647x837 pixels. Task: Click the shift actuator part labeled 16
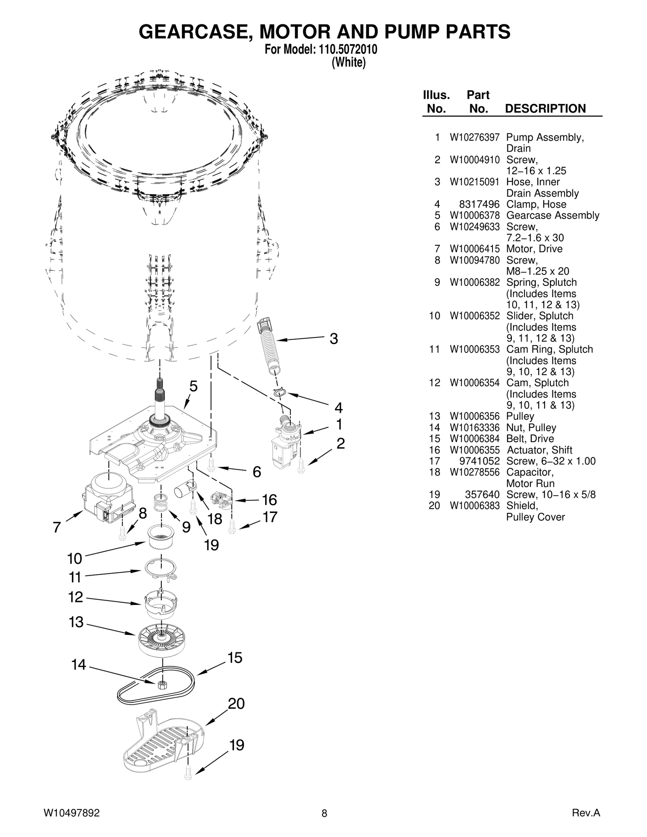222,500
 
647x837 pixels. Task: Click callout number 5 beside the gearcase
194,387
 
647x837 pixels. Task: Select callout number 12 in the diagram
76,597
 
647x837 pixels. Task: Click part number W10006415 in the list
474,249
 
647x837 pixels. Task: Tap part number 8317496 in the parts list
479,205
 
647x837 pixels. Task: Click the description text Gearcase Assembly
552,215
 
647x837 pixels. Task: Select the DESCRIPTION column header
545,109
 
